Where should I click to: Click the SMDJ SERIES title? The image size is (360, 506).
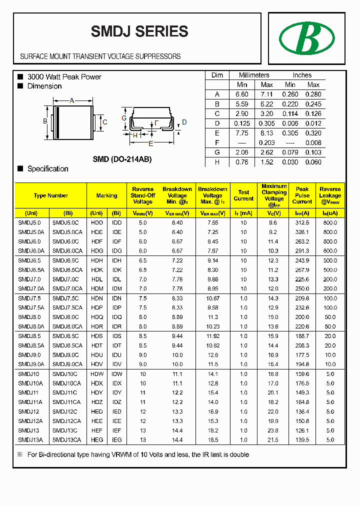139,31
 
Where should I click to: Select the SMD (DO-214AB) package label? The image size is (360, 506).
122,159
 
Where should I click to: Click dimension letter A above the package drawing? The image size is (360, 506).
71,101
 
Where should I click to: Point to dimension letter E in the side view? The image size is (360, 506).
151,143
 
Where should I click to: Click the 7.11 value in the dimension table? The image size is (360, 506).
267,94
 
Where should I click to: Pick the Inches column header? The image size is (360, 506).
302,75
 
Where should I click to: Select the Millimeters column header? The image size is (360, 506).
253,75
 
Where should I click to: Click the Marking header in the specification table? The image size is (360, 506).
106,195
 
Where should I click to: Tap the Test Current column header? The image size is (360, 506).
243,195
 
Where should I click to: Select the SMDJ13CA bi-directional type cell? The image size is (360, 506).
66,439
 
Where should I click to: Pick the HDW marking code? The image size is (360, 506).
97,374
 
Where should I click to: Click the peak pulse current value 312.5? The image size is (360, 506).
302,222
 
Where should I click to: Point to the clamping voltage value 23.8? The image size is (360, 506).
273,430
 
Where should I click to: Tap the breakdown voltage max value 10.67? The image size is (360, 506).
212,298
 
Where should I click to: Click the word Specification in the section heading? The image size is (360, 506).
47,169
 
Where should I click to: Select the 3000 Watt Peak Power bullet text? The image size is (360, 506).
64,77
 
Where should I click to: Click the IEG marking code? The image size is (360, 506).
116,439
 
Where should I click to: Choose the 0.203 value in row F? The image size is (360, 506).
267,142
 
